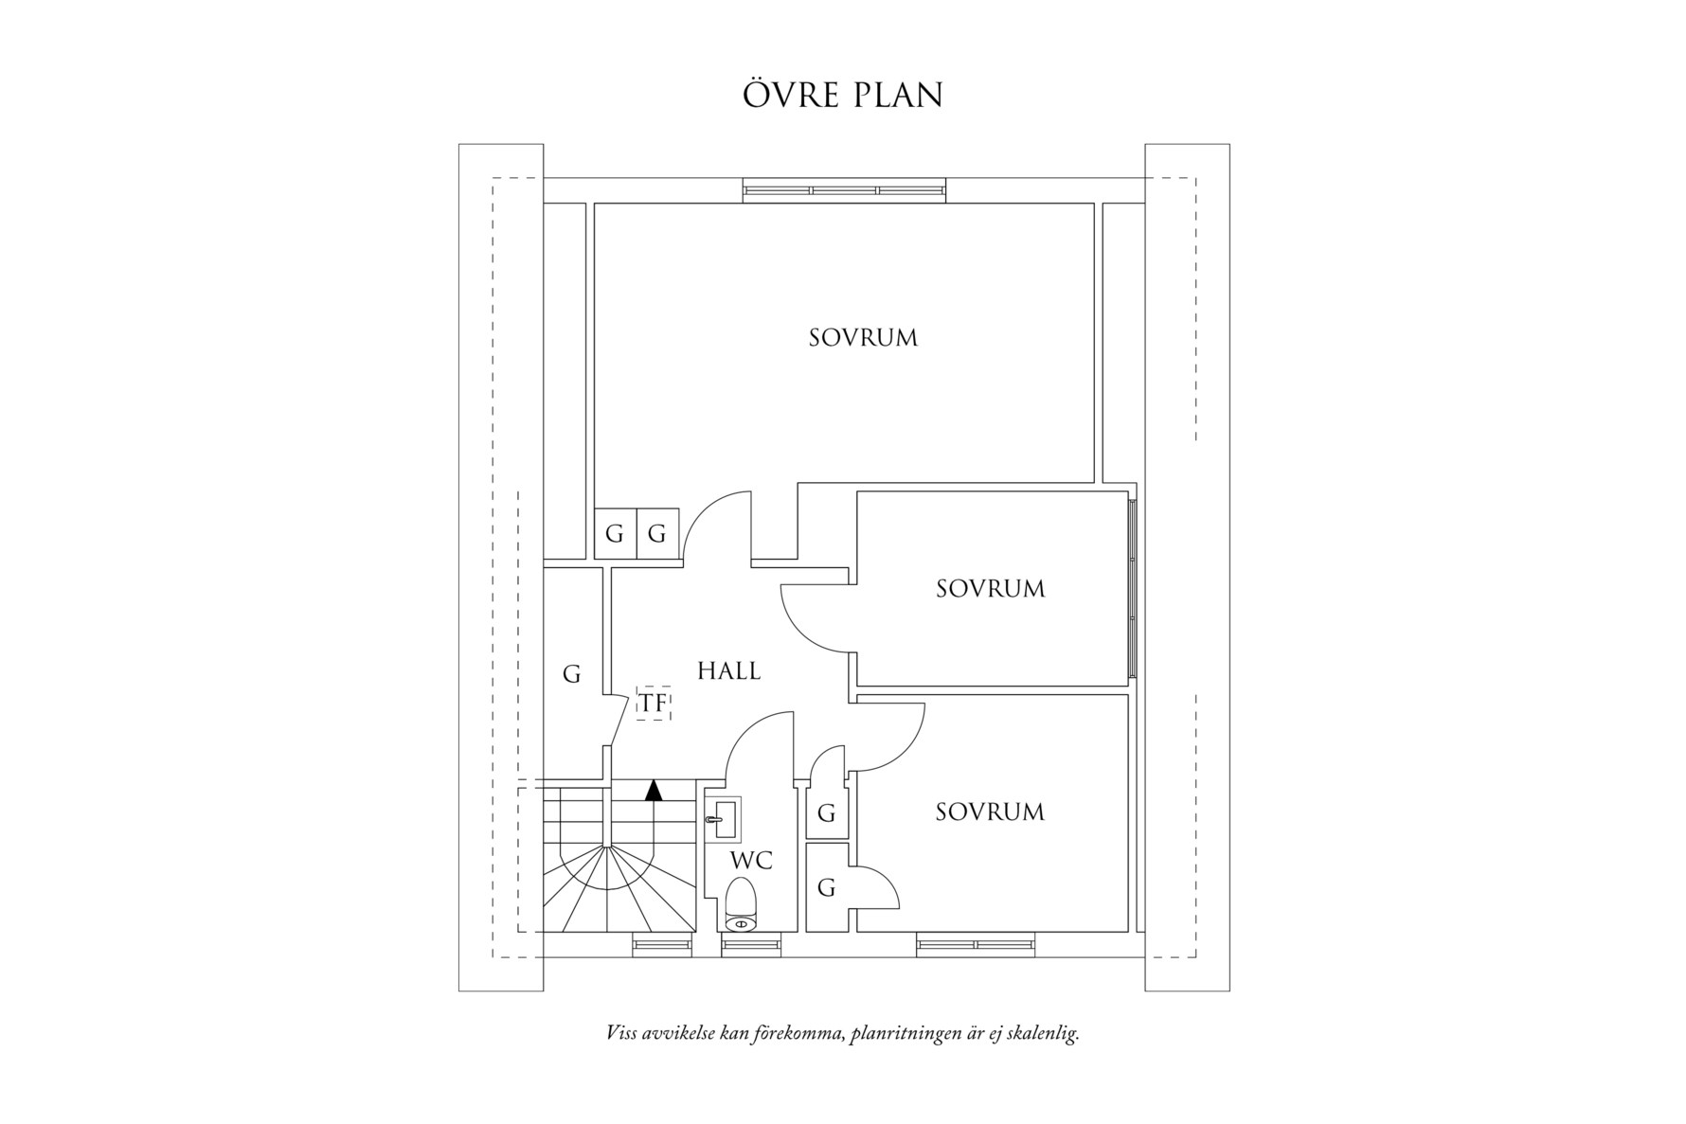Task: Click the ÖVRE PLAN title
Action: (842, 96)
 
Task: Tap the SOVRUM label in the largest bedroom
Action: (863, 337)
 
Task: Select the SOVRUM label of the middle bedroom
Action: (991, 588)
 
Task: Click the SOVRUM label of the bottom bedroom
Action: (990, 812)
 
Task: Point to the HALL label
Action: (728, 670)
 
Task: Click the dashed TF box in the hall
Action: (654, 704)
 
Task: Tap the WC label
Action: (751, 861)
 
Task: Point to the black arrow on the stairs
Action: (654, 790)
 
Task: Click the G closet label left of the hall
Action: (571, 674)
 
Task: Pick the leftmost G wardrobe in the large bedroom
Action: (615, 534)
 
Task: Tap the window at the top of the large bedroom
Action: (845, 190)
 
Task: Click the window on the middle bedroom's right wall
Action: (1133, 587)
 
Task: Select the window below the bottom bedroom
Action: (976, 943)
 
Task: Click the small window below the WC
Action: (752, 943)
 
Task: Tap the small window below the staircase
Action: (661, 943)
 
